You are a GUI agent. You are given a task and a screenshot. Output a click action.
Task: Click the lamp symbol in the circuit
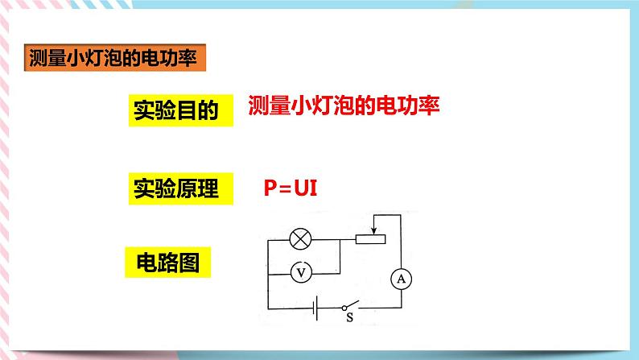click(301, 239)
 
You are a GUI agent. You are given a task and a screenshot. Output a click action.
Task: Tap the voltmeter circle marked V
click(301, 273)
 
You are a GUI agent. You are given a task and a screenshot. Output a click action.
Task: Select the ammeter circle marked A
click(400, 279)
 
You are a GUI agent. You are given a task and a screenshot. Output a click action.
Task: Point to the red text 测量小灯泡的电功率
click(344, 106)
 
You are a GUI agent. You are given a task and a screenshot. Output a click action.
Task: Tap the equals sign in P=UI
click(286, 188)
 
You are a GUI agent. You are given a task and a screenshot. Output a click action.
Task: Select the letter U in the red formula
click(301, 188)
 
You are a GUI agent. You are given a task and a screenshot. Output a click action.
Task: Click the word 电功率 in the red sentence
click(410, 106)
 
